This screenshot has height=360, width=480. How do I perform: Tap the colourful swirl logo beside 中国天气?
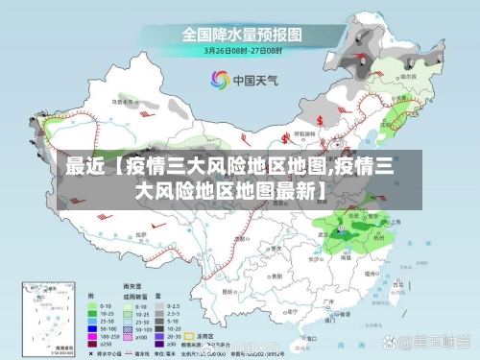[x=216, y=80]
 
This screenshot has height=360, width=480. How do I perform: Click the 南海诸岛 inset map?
[x=48, y=318]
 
